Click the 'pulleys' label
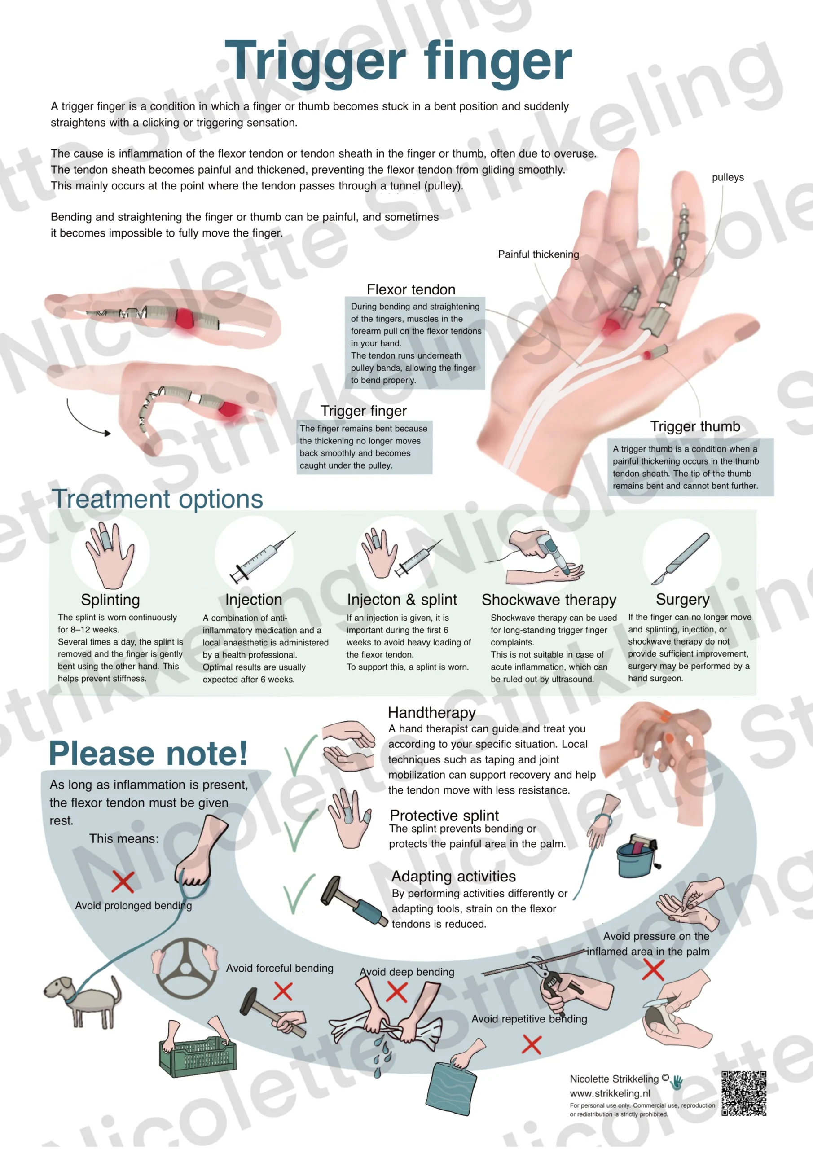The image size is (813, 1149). click(x=727, y=178)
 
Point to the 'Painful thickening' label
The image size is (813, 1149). click(x=538, y=254)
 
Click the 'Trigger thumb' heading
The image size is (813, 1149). click(x=695, y=426)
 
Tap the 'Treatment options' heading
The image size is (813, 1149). click(x=158, y=500)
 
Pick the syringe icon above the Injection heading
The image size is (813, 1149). click(x=262, y=557)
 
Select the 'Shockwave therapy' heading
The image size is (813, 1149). click(x=549, y=600)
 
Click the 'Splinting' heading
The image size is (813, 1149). click(x=110, y=600)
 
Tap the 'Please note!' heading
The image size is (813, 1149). click(x=148, y=754)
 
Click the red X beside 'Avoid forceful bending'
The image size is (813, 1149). click(x=283, y=991)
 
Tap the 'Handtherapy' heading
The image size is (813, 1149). click(x=431, y=713)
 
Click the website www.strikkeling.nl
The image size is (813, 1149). click(x=610, y=1093)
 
